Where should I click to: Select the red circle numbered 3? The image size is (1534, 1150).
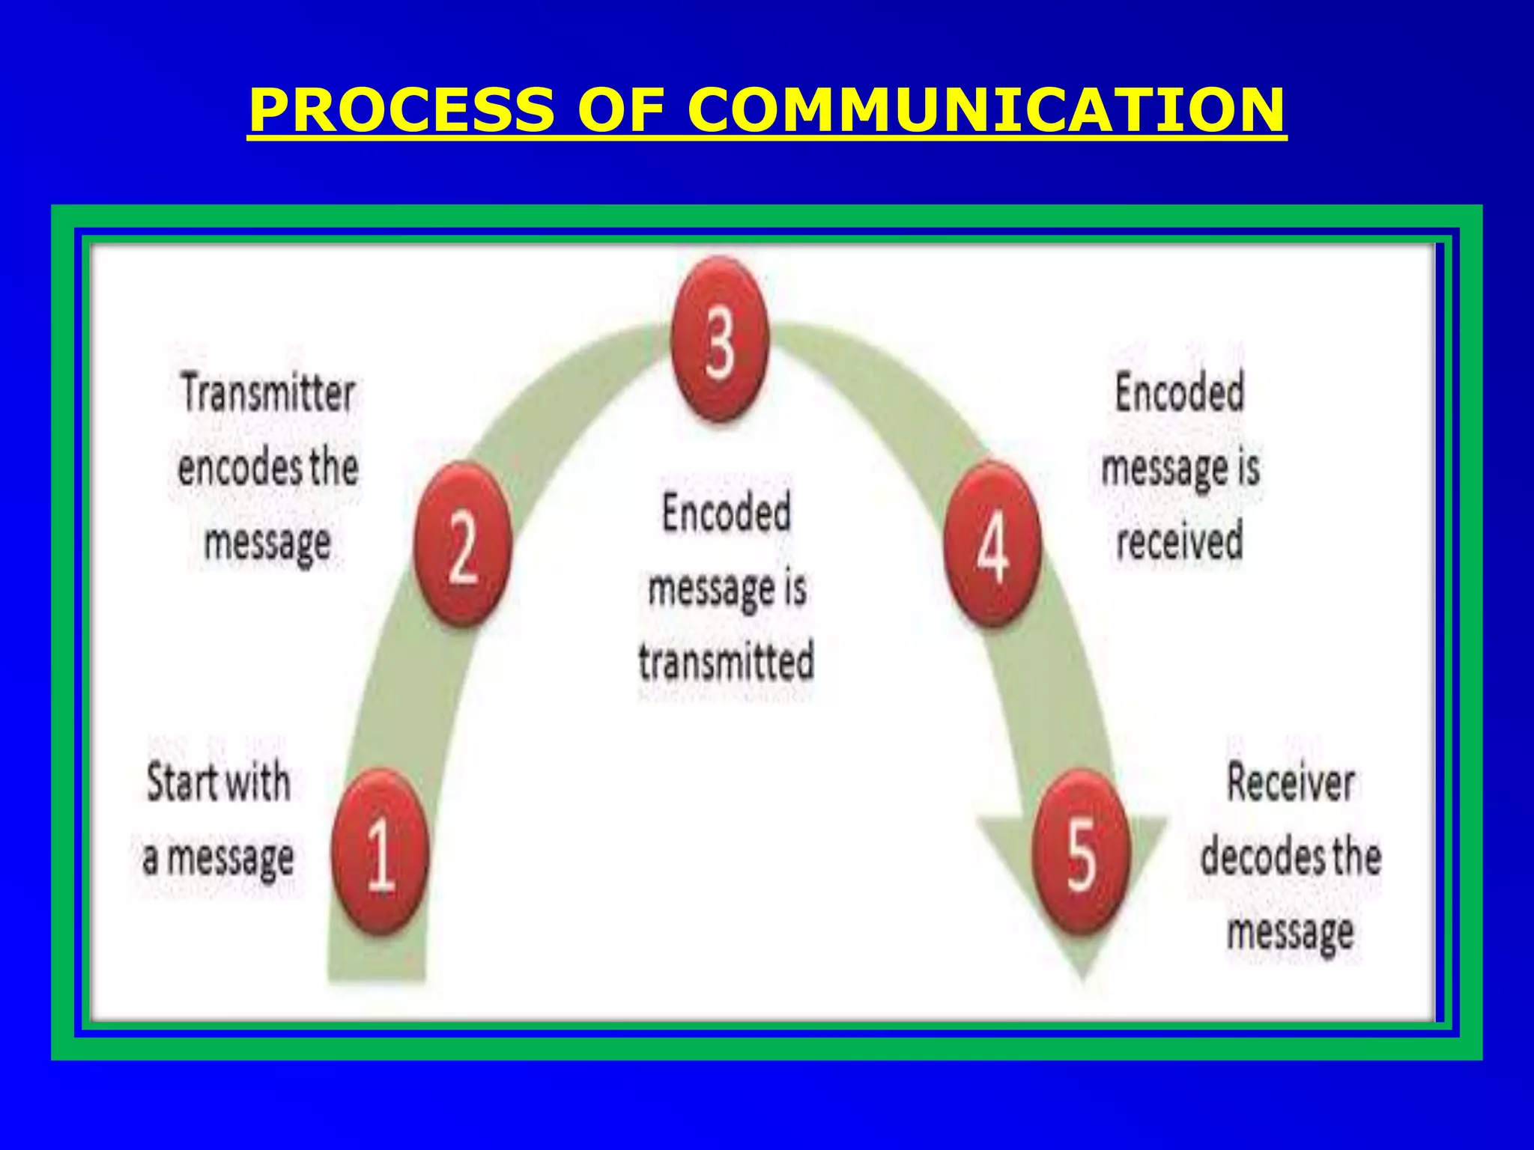720,341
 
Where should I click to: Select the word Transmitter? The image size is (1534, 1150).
267,393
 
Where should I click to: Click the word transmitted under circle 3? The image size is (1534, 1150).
726,662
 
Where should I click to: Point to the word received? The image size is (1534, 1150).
1179,541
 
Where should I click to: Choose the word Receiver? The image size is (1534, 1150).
1290,783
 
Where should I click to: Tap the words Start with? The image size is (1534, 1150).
218,783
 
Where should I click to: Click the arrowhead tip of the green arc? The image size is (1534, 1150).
1082,973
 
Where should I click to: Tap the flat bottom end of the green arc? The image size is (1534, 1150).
377,973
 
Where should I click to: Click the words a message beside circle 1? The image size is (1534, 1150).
218,858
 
